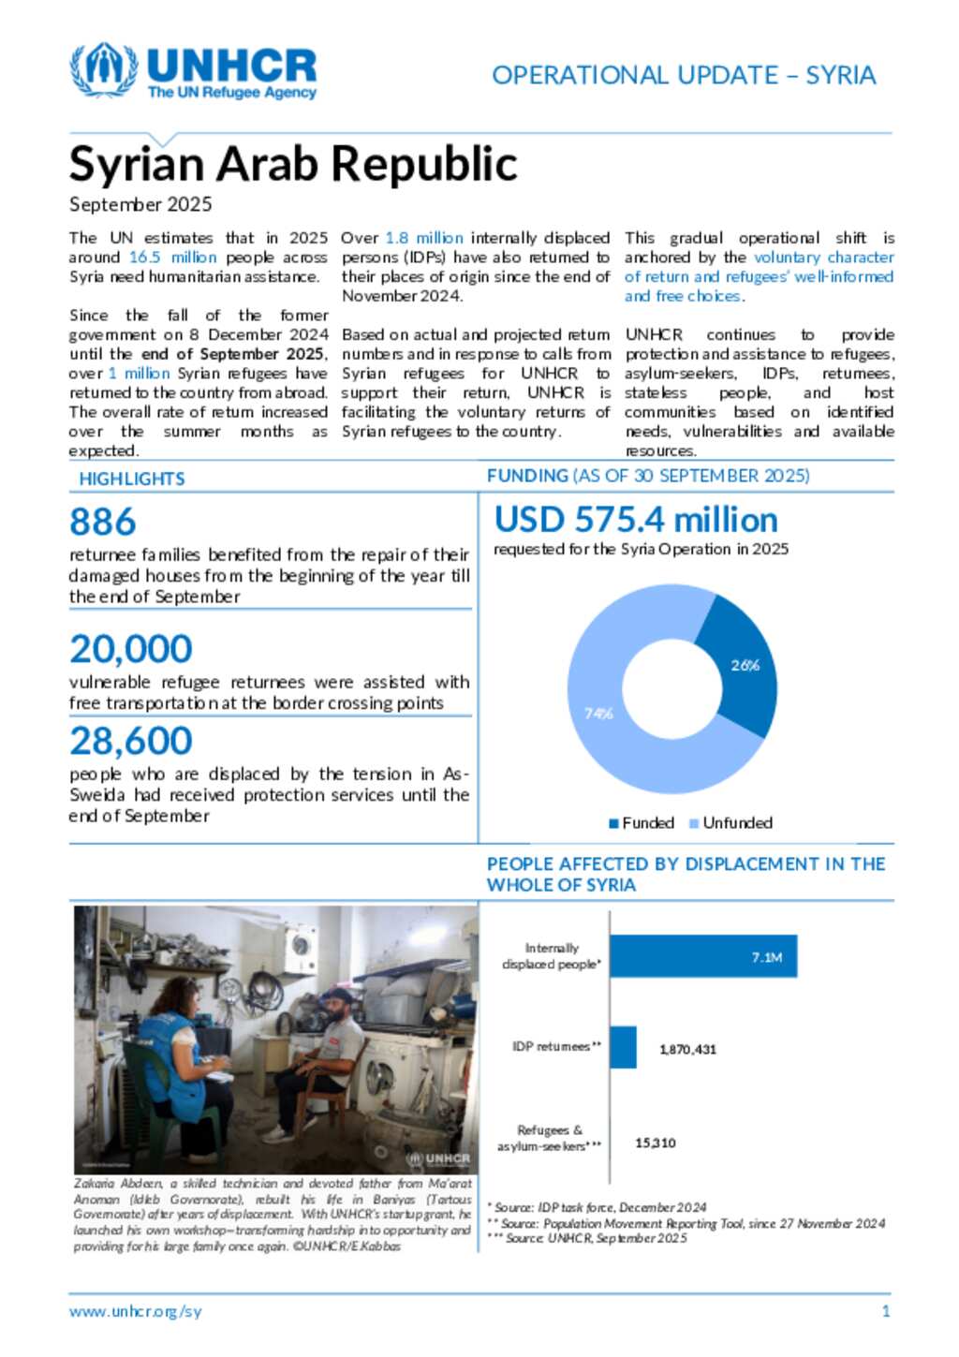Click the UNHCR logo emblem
[103, 69]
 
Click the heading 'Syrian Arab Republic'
[292, 164]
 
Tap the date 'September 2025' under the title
[140, 204]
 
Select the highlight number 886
[103, 522]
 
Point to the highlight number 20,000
[131, 649]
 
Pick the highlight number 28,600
[131, 741]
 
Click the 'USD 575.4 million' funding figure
[636, 520]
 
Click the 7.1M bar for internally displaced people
[703, 956]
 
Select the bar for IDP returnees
[624, 1047]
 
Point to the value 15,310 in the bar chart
[656, 1143]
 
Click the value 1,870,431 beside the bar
[687, 1050]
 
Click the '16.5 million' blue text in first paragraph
[172, 258]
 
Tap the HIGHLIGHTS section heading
[132, 479]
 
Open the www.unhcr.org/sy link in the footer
[135, 1311]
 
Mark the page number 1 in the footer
[886, 1311]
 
